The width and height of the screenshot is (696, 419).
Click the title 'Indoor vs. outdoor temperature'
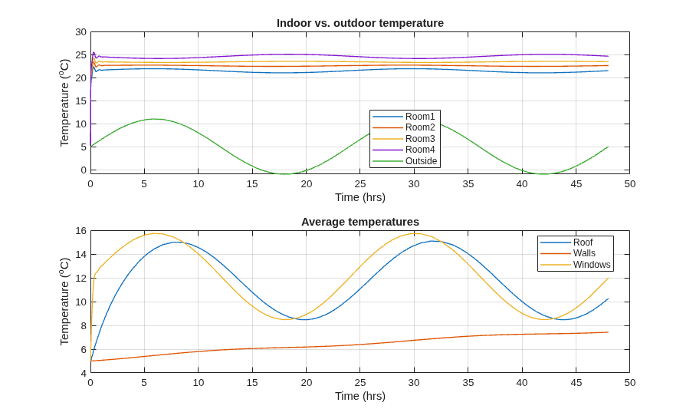360,23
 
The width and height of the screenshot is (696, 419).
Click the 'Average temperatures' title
360,222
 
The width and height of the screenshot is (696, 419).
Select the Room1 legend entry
404,117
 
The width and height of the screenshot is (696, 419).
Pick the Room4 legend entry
404,150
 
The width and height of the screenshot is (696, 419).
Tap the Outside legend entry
405,161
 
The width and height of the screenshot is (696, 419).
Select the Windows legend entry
575,265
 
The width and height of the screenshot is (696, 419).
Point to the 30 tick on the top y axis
80,32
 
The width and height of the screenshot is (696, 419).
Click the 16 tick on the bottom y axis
80,231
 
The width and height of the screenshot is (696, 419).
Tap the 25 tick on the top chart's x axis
360,184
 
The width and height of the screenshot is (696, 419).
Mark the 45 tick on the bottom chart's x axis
576,383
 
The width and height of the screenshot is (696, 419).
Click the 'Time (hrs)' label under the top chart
360,197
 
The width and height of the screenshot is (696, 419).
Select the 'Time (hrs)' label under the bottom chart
360,396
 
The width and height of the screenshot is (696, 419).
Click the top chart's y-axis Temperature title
65,103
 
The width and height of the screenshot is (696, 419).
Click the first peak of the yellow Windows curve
155,233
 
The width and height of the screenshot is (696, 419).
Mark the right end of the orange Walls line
608,332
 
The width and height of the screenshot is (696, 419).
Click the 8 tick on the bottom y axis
83,325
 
